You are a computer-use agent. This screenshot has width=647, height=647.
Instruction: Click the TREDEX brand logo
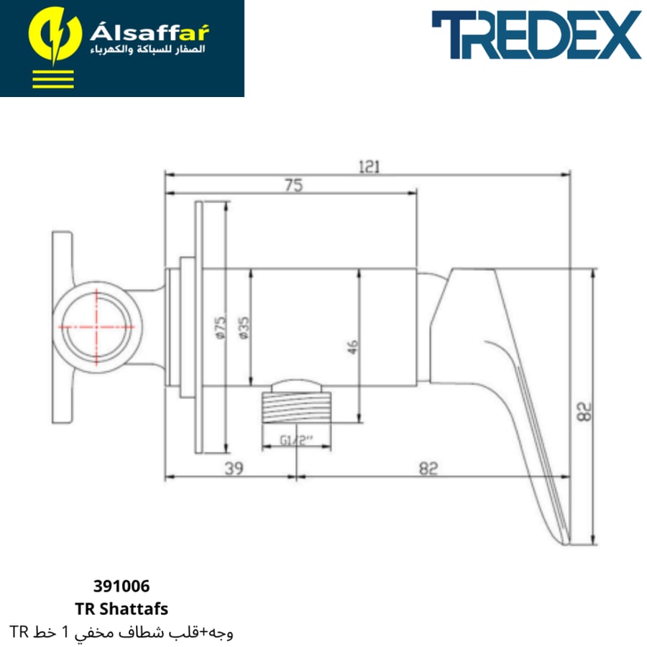click(536, 35)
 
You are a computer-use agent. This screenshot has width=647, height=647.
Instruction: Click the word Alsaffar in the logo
click(150, 32)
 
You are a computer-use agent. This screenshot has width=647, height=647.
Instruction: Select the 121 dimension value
click(369, 167)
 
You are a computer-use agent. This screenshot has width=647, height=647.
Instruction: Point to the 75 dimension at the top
click(294, 185)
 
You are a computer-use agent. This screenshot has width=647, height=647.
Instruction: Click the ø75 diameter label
click(221, 328)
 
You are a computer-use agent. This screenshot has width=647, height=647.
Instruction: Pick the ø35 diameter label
click(244, 328)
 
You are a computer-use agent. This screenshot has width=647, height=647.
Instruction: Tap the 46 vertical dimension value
click(352, 347)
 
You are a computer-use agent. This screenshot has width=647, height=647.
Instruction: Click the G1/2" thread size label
click(296, 440)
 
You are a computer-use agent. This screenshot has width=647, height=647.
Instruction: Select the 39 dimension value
click(234, 468)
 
